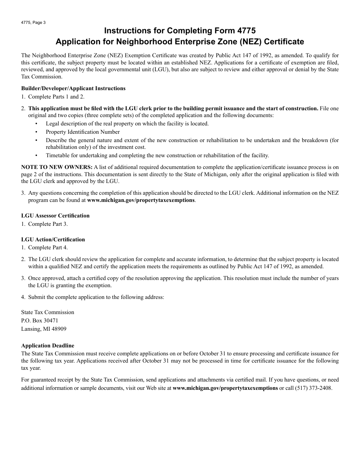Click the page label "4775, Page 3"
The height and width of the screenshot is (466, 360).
[33, 22]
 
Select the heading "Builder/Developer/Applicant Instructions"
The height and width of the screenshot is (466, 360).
[73, 88]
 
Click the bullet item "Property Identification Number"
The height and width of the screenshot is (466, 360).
[83, 132]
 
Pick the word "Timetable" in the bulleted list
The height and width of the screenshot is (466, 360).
[57, 155]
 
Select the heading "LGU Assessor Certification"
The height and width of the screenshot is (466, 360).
[55, 216]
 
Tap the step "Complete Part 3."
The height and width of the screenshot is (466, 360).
[48, 224]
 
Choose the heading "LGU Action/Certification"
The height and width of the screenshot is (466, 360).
[53, 239]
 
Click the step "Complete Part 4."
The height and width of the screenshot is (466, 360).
[48, 247]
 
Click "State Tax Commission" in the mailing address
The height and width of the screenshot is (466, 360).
[48, 312]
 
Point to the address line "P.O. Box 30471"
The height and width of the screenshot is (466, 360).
[40, 321]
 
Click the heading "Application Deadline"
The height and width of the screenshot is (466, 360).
[48, 346]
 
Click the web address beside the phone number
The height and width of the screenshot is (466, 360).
[225, 388]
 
